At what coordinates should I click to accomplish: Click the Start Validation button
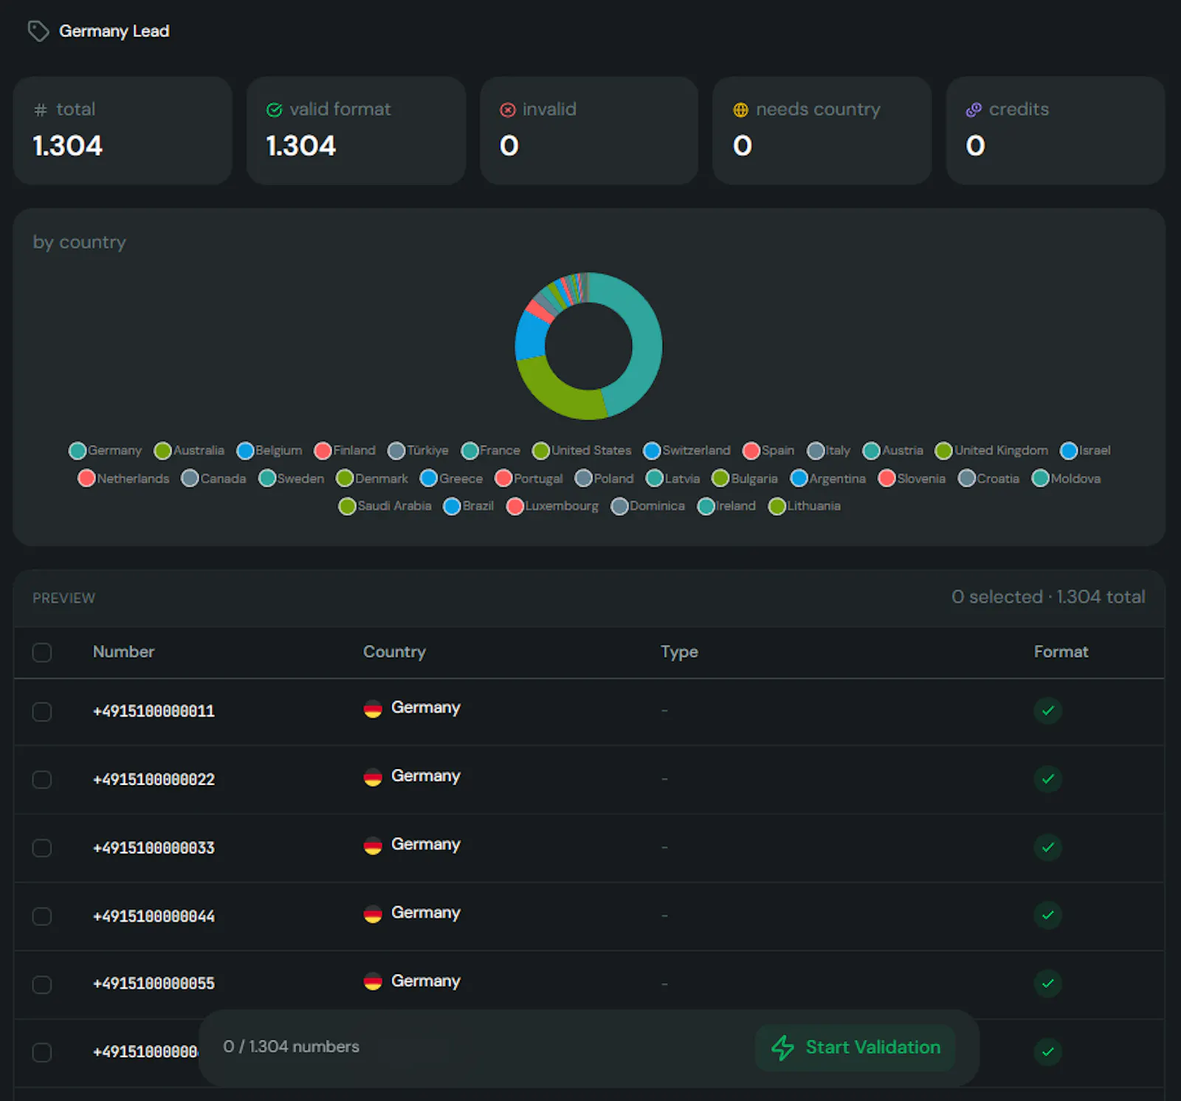point(855,1047)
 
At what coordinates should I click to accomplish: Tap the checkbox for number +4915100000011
point(42,711)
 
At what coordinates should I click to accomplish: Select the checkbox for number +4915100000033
point(42,848)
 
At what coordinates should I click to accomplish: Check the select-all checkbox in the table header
point(42,652)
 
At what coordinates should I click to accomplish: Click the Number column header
point(123,652)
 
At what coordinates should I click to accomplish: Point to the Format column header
point(1061,652)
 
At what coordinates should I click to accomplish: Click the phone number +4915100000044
point(154,916)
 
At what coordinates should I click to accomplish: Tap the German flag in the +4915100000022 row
point(373,778)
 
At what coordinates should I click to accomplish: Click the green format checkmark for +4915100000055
point(1047,983)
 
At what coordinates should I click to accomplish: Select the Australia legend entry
point(189,450)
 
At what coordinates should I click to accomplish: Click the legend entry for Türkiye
point(418,450)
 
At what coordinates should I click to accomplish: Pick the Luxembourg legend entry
point(552,506)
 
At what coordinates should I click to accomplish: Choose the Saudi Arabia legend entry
point(385,506)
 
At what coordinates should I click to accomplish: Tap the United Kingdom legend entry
point(991,450)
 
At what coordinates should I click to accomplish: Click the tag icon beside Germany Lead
point(38,31)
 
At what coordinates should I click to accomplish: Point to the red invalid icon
point(508,110)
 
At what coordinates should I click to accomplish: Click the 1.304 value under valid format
point(300,145)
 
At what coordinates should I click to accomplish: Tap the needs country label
point(818,109)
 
